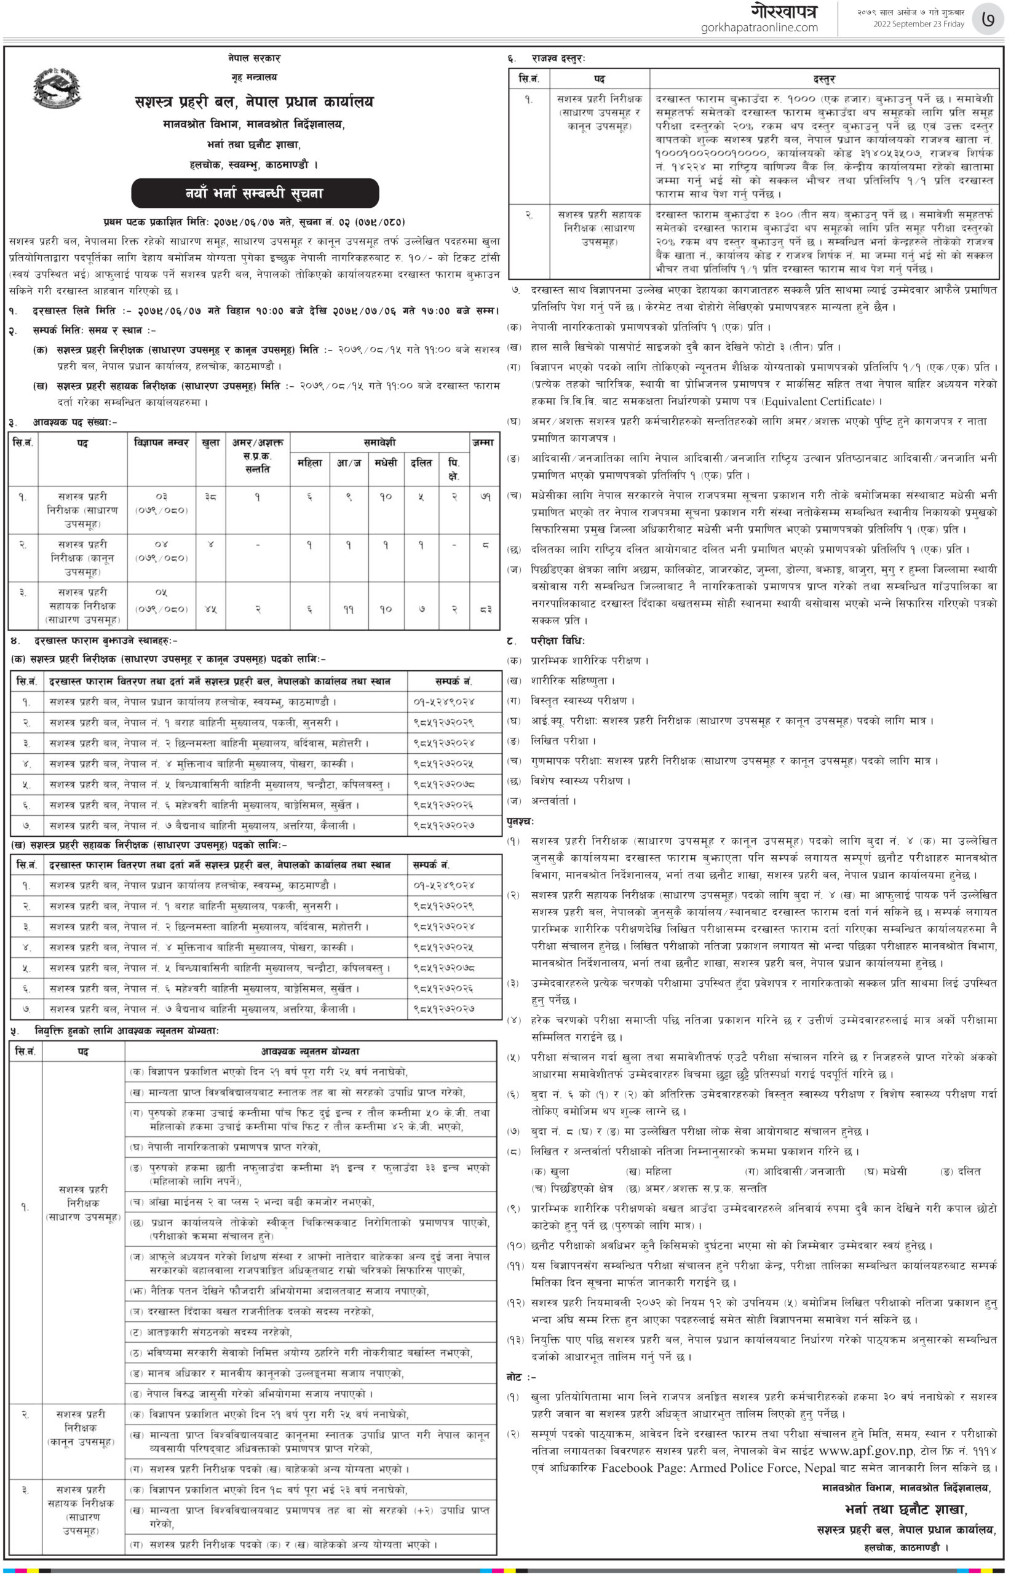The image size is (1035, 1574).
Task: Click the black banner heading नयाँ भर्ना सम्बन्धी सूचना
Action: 255,193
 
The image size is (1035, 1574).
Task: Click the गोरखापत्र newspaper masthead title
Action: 783,11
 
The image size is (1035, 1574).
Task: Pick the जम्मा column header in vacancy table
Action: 483,443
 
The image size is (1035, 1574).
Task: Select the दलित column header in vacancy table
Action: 421,463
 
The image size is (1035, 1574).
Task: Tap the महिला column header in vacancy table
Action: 309,463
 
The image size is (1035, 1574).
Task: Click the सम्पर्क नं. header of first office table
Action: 453,681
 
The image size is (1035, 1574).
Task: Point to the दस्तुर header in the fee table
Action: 824,79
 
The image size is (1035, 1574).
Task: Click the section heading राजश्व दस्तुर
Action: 558,59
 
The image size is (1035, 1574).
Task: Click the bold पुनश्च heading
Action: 520,821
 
